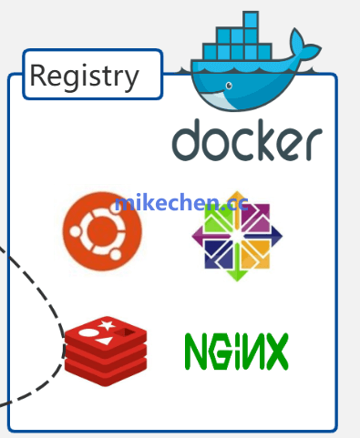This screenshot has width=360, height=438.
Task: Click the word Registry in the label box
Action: [84, 76]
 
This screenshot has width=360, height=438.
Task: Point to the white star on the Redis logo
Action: [108, 325]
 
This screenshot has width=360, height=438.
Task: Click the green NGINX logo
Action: [236, 351]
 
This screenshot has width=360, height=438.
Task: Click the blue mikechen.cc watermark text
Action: [180, 202]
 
